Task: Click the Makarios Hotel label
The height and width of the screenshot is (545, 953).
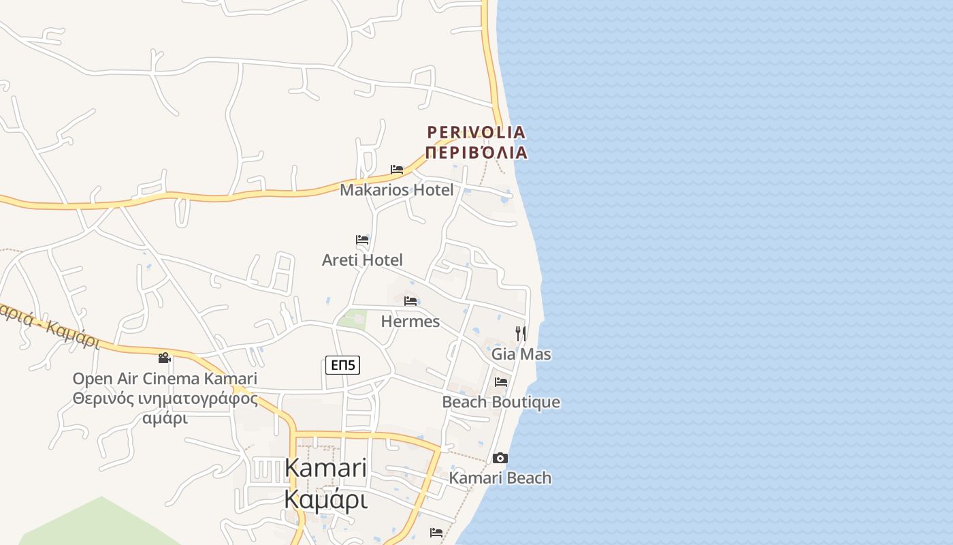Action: point(396,190)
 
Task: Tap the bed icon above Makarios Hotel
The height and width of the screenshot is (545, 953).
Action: point(397,170)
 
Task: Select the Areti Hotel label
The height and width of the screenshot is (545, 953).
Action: point(362,260)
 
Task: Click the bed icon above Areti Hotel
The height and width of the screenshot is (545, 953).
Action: point(362,240)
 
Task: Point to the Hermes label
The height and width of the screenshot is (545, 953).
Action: point(410,322)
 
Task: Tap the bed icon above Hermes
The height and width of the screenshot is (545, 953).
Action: point(410,301)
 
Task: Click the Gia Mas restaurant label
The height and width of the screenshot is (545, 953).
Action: point(521,354)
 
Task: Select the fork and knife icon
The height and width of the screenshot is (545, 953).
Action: point(521,333)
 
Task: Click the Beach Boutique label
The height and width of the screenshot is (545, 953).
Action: point(501,402)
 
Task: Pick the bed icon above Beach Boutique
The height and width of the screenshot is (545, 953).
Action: point(502,382)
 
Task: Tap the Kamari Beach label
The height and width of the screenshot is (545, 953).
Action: point(500,478)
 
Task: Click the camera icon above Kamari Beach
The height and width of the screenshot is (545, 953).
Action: point(500,458)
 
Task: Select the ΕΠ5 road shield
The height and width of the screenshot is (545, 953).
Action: point(342,366)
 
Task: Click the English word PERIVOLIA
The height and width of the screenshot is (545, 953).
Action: point(476,132)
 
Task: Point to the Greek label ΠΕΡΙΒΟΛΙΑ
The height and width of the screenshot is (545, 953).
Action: point(476,152)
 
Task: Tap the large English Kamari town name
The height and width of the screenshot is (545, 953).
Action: point(325,469)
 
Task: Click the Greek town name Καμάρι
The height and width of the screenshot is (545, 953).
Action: point(325,500)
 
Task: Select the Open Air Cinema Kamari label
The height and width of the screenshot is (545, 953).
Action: point(165,379)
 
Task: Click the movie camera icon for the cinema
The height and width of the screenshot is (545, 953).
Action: point(164,358)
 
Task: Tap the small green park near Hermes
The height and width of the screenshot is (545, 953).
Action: point(353,319)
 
